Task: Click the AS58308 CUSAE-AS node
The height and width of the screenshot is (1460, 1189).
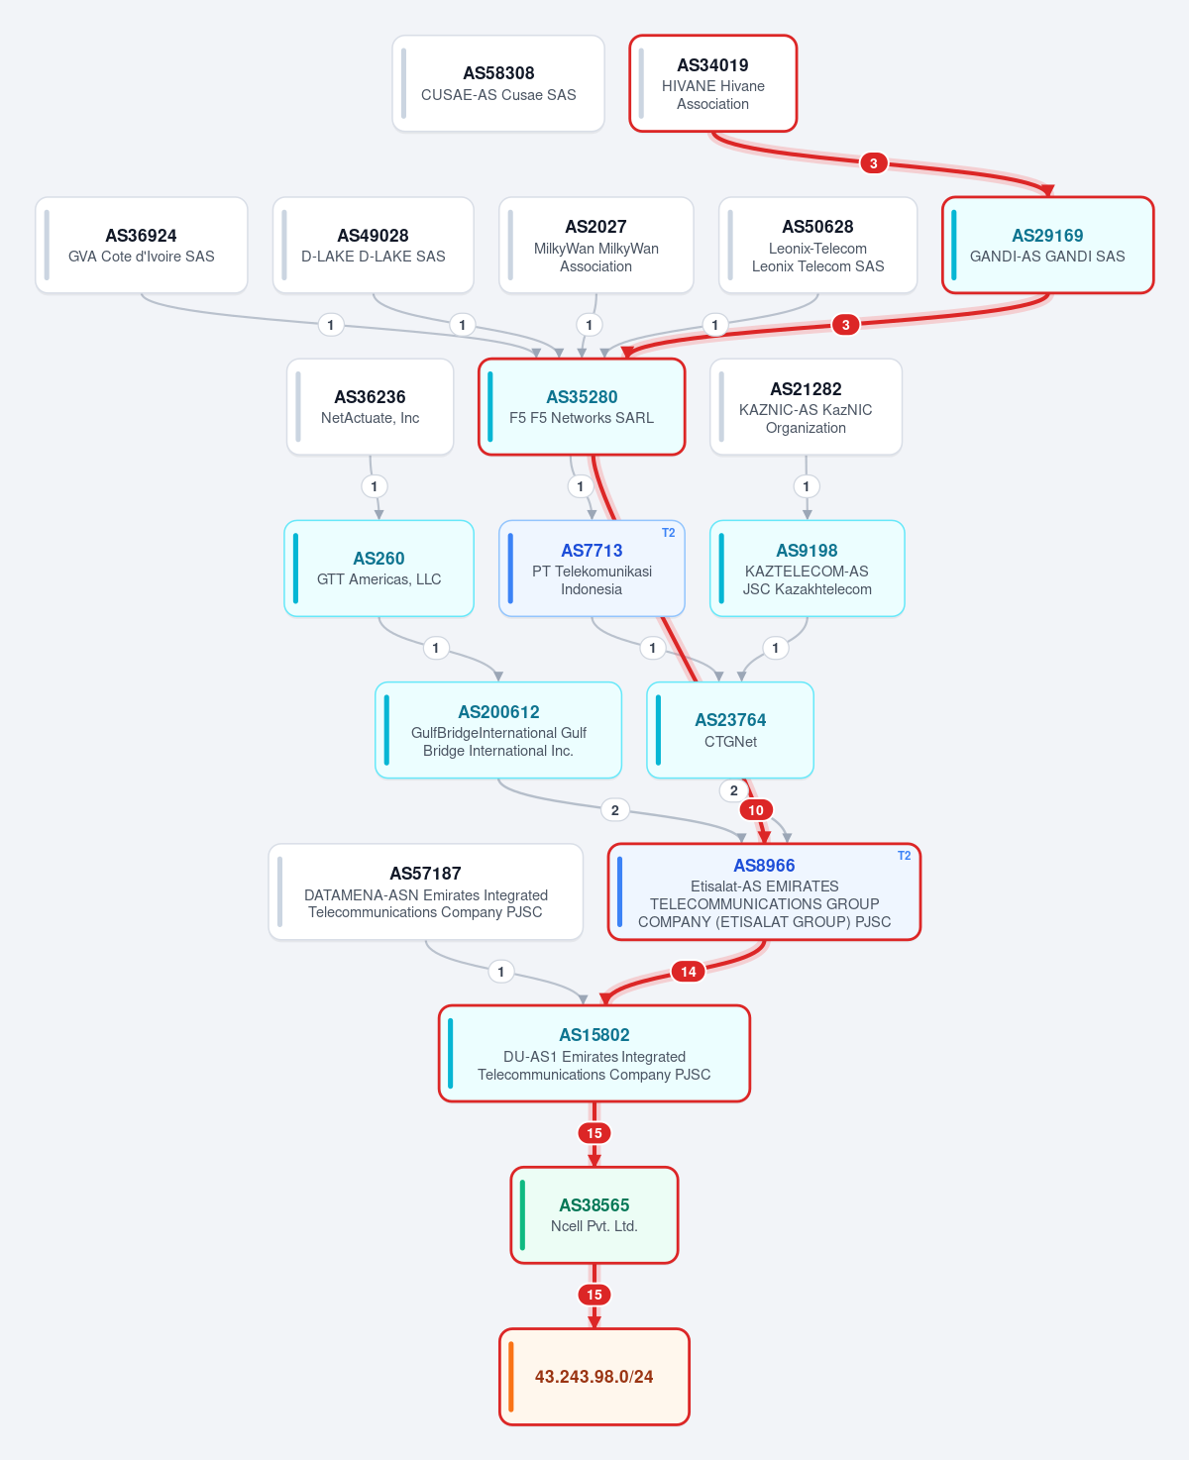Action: tap(497, 83)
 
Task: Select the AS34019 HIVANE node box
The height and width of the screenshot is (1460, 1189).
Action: tap(712, 83)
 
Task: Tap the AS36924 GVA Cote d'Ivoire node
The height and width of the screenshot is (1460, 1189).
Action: tap(142, 245)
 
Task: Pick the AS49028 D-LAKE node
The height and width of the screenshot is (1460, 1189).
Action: tap(373, 245)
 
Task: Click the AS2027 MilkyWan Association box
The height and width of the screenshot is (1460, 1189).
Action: tap(595, 245)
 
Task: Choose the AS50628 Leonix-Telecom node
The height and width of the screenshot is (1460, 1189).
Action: tap(817, 245)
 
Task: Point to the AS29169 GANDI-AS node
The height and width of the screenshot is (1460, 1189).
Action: tap(1047, 245)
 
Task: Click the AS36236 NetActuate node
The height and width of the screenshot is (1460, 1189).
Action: tap(370, 406)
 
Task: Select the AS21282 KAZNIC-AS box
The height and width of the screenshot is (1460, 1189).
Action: tap(806, 406)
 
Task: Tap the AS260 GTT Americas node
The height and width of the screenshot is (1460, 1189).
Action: tap(378, 569)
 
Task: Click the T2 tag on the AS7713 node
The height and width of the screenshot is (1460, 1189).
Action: tap(668, 533)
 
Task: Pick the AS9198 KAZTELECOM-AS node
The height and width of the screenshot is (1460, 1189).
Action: tap(808, 569)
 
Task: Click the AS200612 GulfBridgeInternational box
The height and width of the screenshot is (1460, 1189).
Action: tap(497, 730)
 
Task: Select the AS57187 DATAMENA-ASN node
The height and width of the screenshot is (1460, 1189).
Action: tap(425, 891)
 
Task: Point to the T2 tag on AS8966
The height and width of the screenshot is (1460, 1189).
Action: tap(904, 856)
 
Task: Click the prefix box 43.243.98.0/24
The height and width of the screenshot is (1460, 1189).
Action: tap(594, 1377)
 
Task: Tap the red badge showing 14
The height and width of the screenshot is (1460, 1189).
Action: tap(689, 972)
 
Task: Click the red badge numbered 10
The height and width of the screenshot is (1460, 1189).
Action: tap(756, 810)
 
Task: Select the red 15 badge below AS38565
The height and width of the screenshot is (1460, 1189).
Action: tap(594, 1295)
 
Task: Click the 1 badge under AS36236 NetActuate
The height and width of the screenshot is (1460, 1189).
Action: tap(374, 486)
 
